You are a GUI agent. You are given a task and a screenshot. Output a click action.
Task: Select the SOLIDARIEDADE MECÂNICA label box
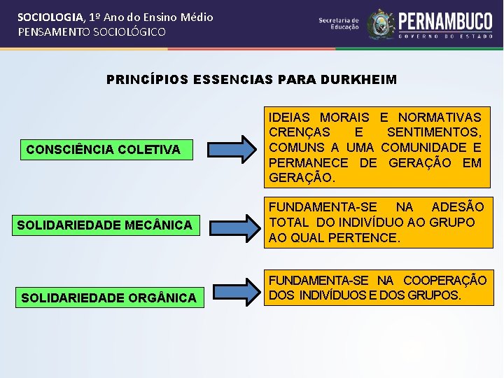pos(104,225)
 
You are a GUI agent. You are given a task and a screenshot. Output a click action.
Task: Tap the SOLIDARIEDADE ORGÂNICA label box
pos(109,298)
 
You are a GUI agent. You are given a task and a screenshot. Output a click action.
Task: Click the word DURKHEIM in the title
pos(362,80)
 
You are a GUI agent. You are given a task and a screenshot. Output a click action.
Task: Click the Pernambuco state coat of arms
pos(381,24)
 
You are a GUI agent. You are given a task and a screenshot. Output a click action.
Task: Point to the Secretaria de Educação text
pos(339,24)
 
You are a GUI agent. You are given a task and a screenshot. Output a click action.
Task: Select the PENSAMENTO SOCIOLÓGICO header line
pos(92,32)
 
